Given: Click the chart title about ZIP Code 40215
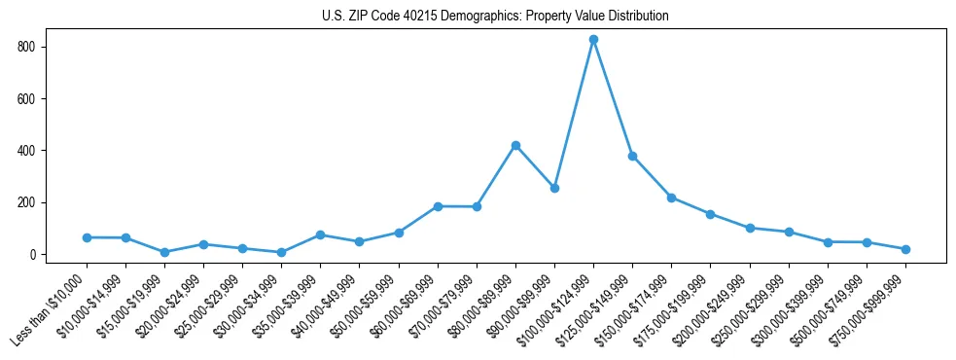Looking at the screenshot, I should pyautogui.click(x=495, y=17).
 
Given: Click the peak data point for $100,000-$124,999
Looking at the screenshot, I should pyautogui.click(x=593, y=40).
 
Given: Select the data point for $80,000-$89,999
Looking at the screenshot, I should pyautogui.click(x=515, y=145).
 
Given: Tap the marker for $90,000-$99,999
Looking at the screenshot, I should pyautogui.click(x=554, y=188).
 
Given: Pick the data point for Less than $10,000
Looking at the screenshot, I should pyautogui.click(x=87, y=237).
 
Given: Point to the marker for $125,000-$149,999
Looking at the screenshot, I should pyautogui.click(x=632, y=156).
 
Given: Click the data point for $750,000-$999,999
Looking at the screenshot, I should pyautogui.click(x=905, y=249).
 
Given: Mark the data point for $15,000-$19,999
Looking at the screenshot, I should pyautogui.click(x=164, y=252).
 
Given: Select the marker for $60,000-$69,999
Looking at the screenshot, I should pyautogui.click(x=438, y=206).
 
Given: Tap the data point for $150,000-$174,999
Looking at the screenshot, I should pyautogui.click(x=671, y=198).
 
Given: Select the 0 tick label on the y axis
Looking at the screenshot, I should pyautogui.click(x=33, y=255).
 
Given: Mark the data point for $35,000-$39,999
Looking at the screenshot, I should pyautogui.click(x=320, y=234).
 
